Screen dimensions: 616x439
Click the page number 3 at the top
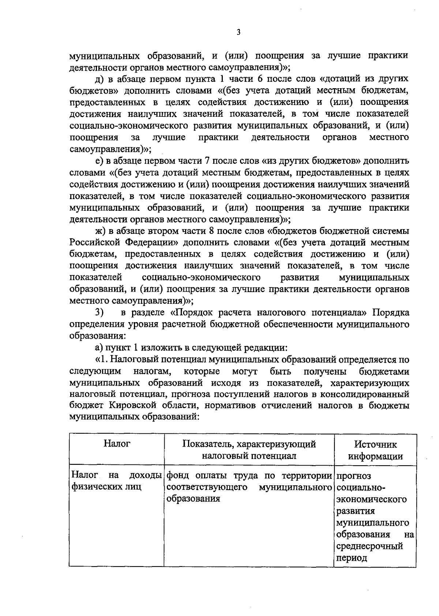[x=238, y=32]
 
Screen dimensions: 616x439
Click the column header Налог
[x=117, y=444]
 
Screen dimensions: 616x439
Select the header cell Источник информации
[x=375, y=450]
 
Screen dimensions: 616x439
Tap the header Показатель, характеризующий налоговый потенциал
[x=249, y=450]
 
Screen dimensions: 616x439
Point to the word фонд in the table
[x=177, y=476]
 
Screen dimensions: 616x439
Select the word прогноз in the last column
[x=353, y=476]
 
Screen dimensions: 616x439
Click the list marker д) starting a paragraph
[x=100, y=79]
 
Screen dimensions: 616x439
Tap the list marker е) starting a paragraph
[x=100, y=161]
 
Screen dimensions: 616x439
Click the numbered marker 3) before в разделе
[x=100, y=313]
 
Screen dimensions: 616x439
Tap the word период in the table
[x=352, y=558]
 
